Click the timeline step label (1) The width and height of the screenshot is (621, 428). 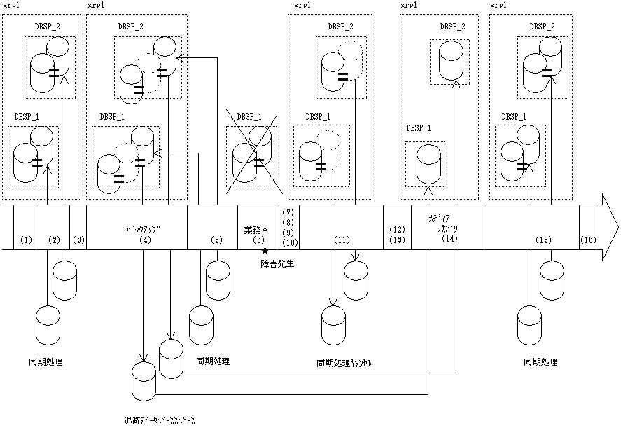point(26,240)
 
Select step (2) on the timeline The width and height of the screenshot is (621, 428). point(54,240)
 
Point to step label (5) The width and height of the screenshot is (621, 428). point(216,240)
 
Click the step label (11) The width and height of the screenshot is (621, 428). point(342,240)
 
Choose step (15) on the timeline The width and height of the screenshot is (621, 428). point(543,240)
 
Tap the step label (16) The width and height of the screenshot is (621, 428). point(588,240)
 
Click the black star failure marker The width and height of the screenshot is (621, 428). point(265,251)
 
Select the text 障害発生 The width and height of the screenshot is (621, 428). point(277,263)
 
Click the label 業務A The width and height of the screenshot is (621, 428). point(256,230)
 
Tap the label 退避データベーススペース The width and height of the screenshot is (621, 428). point(160,421)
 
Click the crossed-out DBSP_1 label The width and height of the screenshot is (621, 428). point(249,117)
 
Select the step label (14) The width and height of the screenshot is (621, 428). point(449,238)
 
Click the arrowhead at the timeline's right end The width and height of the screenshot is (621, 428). point(610,228)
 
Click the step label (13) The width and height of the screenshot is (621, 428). point(397,240)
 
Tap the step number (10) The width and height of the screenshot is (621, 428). point(290,242)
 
